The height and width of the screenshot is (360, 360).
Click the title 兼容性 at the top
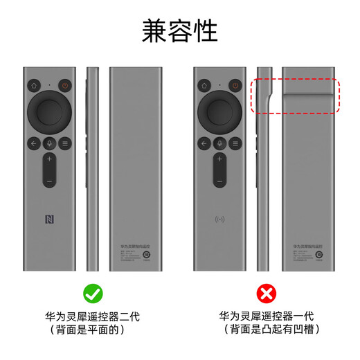(180, 30)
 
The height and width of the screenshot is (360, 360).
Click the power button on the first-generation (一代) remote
(235, 87)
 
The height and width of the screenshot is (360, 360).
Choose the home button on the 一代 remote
(204, 87)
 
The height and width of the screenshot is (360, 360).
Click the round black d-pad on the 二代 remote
(49, 111)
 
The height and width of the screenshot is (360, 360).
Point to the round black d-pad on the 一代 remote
(219, 111)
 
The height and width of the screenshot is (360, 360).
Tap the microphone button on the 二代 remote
(49, 143)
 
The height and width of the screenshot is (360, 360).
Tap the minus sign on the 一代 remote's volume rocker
(219, 181)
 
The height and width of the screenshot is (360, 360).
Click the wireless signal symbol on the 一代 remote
(219, 222)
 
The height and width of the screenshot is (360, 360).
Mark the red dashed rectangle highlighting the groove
(296, 96)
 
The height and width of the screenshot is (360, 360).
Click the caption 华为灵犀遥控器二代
(93, 316)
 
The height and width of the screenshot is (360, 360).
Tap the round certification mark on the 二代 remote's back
(146, 255)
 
